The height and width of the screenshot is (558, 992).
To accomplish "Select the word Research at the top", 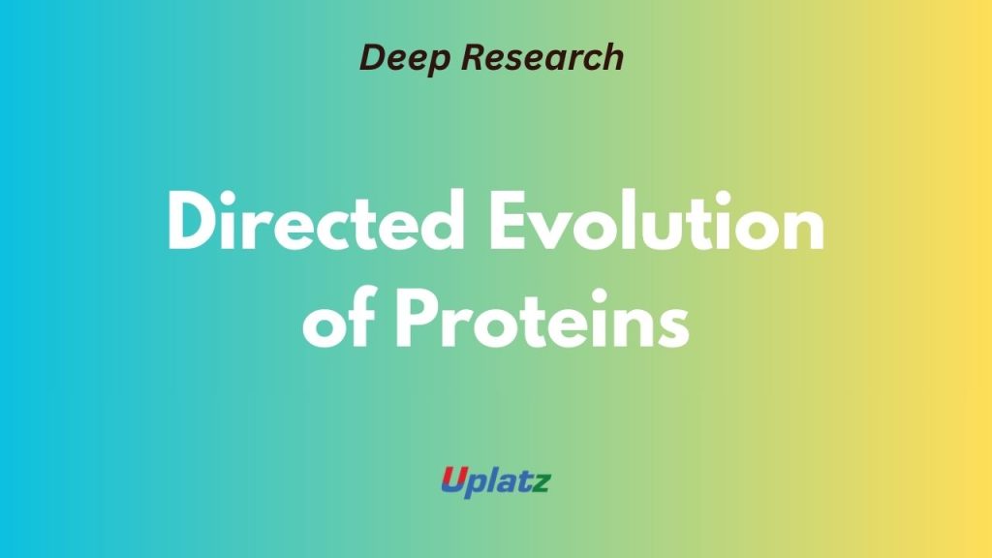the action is click(x=542, y=57).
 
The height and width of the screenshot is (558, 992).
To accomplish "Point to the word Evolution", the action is click(x=657, y=222).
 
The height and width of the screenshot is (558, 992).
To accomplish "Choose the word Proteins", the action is click(x=542, y=319).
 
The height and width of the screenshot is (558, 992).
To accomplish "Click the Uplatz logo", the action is click(x=496, y=482).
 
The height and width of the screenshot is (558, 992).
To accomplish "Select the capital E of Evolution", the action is click(x=510, y=222).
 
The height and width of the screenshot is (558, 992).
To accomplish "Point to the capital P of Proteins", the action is click(x=418, y=319).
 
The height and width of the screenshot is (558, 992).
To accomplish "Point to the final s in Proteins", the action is click(x=673, y=327).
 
